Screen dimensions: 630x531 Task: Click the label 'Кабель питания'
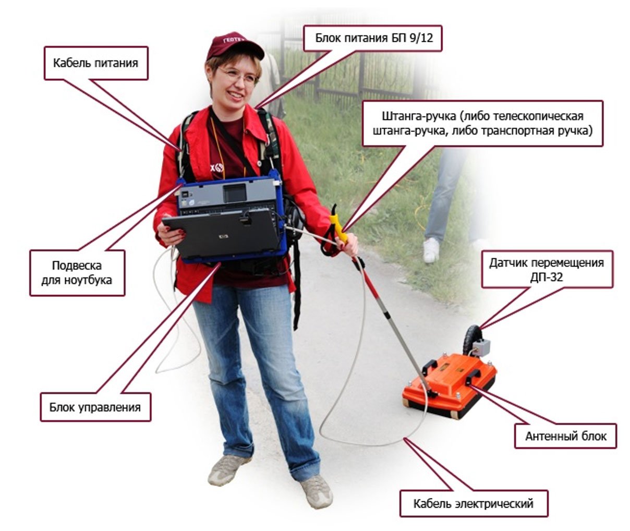96,63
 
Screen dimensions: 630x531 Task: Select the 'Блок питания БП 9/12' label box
373,38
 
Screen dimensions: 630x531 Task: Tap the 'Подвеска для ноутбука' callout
77,273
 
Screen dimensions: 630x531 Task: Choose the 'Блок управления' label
95,407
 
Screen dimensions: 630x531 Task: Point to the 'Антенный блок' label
565,436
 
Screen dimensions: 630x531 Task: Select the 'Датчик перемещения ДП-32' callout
547,269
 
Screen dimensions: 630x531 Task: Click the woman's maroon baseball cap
235,45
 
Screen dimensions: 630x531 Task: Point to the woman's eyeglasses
238,77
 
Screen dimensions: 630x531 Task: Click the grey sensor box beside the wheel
481,347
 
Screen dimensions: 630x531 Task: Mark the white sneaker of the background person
431,250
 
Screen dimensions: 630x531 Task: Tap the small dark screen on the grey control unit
235,192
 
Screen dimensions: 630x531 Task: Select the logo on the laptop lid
224,236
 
